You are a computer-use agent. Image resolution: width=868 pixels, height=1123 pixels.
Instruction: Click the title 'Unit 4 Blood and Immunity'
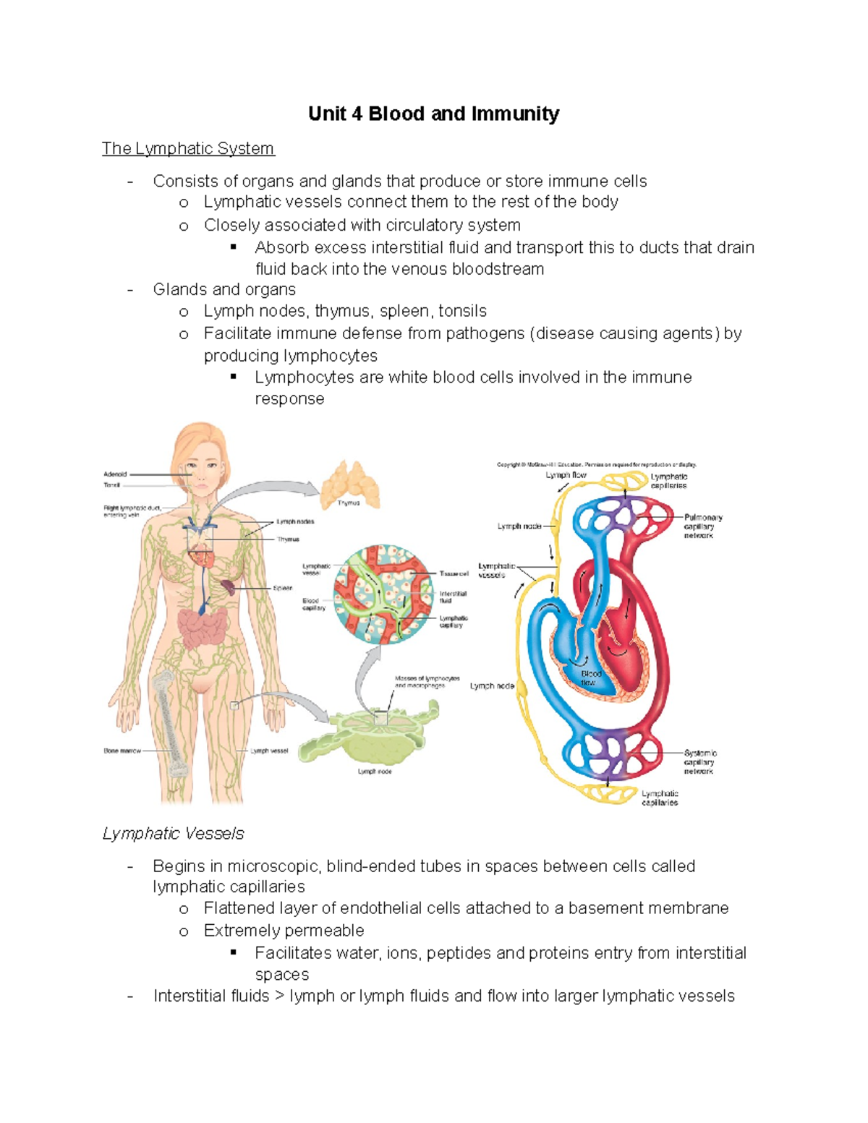tap(433, 114)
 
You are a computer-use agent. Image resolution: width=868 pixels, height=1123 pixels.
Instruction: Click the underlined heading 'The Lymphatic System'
tap(188, 149)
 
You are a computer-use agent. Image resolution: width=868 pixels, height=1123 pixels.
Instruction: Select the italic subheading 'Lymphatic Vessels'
tap(173, 834)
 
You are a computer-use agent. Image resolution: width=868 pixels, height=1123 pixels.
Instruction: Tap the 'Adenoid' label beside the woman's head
tap(115, 474)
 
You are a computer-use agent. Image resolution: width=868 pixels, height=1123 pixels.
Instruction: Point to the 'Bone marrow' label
tap(122, 751)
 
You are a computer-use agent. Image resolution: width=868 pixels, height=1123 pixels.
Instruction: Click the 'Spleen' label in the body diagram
tap(283, 588)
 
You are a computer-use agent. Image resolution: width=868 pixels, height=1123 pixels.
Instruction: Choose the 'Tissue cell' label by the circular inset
tap(454, 573)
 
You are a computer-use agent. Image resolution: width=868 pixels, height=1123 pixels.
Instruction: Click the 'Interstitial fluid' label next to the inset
tap(453, 597)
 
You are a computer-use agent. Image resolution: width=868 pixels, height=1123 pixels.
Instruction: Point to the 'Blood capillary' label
tap(313, 604)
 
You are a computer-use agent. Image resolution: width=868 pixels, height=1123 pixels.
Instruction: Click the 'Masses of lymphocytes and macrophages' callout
tap(427, 681)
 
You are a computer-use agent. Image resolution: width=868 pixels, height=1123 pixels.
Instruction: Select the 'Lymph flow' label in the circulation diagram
tap(566, 475)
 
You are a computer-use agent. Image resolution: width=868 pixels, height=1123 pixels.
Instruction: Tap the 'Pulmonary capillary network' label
tap(702, 526)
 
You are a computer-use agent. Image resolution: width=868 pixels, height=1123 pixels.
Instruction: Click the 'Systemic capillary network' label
tap(699, 762)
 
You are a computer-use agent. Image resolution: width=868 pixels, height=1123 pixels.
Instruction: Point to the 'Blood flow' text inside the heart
tap(590, 678)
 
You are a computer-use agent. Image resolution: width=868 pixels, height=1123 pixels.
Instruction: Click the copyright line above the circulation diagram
tap(596, 464)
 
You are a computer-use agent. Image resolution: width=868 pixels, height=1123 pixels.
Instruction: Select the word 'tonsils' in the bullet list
tap(462, 311)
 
